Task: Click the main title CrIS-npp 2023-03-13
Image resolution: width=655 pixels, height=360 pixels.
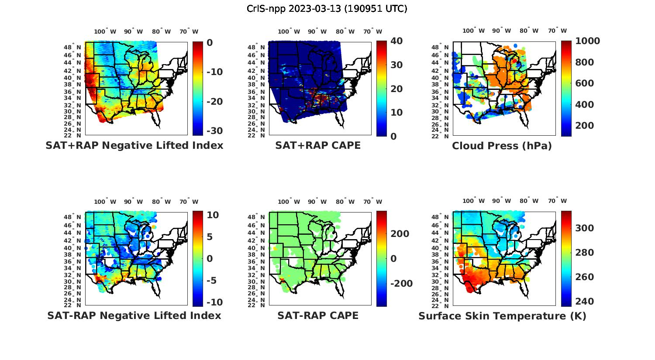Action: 327,9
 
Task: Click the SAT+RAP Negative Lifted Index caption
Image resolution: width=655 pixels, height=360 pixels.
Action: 134,145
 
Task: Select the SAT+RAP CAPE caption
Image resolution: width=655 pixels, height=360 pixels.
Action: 318,145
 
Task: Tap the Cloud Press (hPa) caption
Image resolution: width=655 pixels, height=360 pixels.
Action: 502,146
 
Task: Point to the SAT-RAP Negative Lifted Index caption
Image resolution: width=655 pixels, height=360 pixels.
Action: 134,315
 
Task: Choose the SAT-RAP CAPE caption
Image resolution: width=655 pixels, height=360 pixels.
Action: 318,315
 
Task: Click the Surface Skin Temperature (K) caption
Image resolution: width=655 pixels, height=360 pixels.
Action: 502,316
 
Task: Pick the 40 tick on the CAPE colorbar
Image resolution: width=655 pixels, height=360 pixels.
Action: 396,41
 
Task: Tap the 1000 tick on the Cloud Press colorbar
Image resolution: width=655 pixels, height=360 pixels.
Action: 588,41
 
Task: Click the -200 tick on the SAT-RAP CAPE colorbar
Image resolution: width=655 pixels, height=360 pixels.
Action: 400,284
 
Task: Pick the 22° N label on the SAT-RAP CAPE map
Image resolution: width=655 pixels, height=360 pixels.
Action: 258,305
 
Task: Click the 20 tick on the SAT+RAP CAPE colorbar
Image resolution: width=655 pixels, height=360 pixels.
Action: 396,89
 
